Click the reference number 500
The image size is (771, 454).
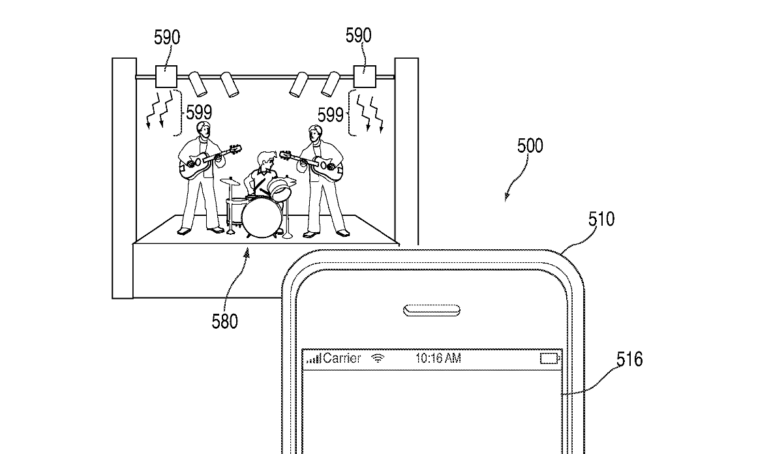[530, 145]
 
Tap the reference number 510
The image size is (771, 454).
[601, 219]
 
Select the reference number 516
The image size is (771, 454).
[629, 359]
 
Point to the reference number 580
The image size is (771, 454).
[224, 321]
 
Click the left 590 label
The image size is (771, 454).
[167, 37]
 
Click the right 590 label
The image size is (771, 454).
[359, 35]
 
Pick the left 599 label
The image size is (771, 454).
[199, 112]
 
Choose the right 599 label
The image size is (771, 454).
[331, 115]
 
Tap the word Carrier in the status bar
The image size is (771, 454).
[342, 358]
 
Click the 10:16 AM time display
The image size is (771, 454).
[438, 358]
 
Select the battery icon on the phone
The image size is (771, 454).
[551, 358]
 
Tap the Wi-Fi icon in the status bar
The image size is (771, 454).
[378, 357]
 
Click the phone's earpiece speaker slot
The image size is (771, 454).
[432, 310]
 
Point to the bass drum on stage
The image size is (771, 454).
[261, 218]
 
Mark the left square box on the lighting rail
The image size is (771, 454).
[166, 77]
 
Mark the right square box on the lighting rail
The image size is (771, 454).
[365, 77]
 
